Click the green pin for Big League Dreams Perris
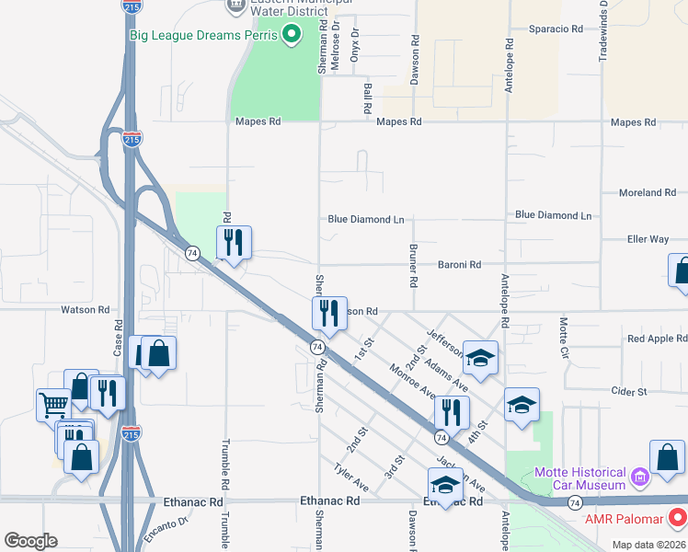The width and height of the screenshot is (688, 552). (292, 36)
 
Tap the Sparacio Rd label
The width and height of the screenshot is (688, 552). (556, 29)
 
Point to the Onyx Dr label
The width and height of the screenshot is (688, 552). (355, 44)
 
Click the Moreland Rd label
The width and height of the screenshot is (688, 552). (648, 193)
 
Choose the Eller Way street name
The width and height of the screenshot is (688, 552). (648, 239)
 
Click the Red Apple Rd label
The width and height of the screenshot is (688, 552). (657, 339)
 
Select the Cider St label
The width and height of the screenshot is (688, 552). (629, 392)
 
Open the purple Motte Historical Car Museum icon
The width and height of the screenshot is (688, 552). (639, 478)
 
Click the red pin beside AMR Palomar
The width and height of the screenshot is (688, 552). (678, 519)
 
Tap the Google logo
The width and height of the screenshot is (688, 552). (30, 541)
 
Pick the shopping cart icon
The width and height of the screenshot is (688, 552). (53, 404)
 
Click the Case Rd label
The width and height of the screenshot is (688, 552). (118, 344)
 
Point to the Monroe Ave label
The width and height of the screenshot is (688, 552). (411, 380)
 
